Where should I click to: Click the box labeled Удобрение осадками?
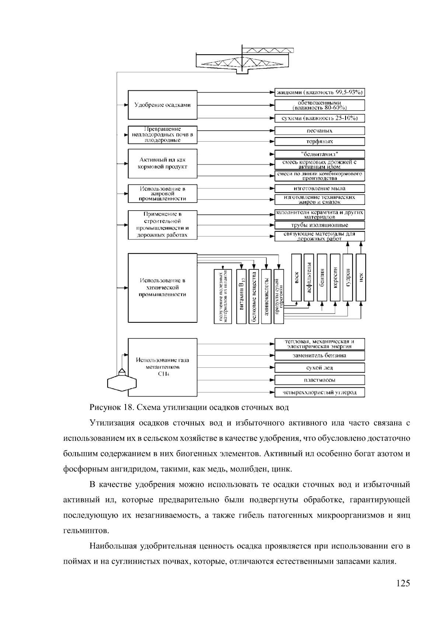162,105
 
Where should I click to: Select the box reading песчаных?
319,131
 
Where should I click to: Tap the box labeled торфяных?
319,141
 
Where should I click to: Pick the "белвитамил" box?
319,154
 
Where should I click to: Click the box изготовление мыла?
319,189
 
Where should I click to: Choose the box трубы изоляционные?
319,225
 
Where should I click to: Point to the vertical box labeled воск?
297,277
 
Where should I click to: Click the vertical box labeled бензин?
322,277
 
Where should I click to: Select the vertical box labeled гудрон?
348,277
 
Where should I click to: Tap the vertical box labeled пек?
361,277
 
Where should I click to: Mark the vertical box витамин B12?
241,296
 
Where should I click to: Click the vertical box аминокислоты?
266,296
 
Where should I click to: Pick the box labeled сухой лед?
319,368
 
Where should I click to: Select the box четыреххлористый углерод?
319,392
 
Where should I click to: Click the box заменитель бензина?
319,356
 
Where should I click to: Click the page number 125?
403,583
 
